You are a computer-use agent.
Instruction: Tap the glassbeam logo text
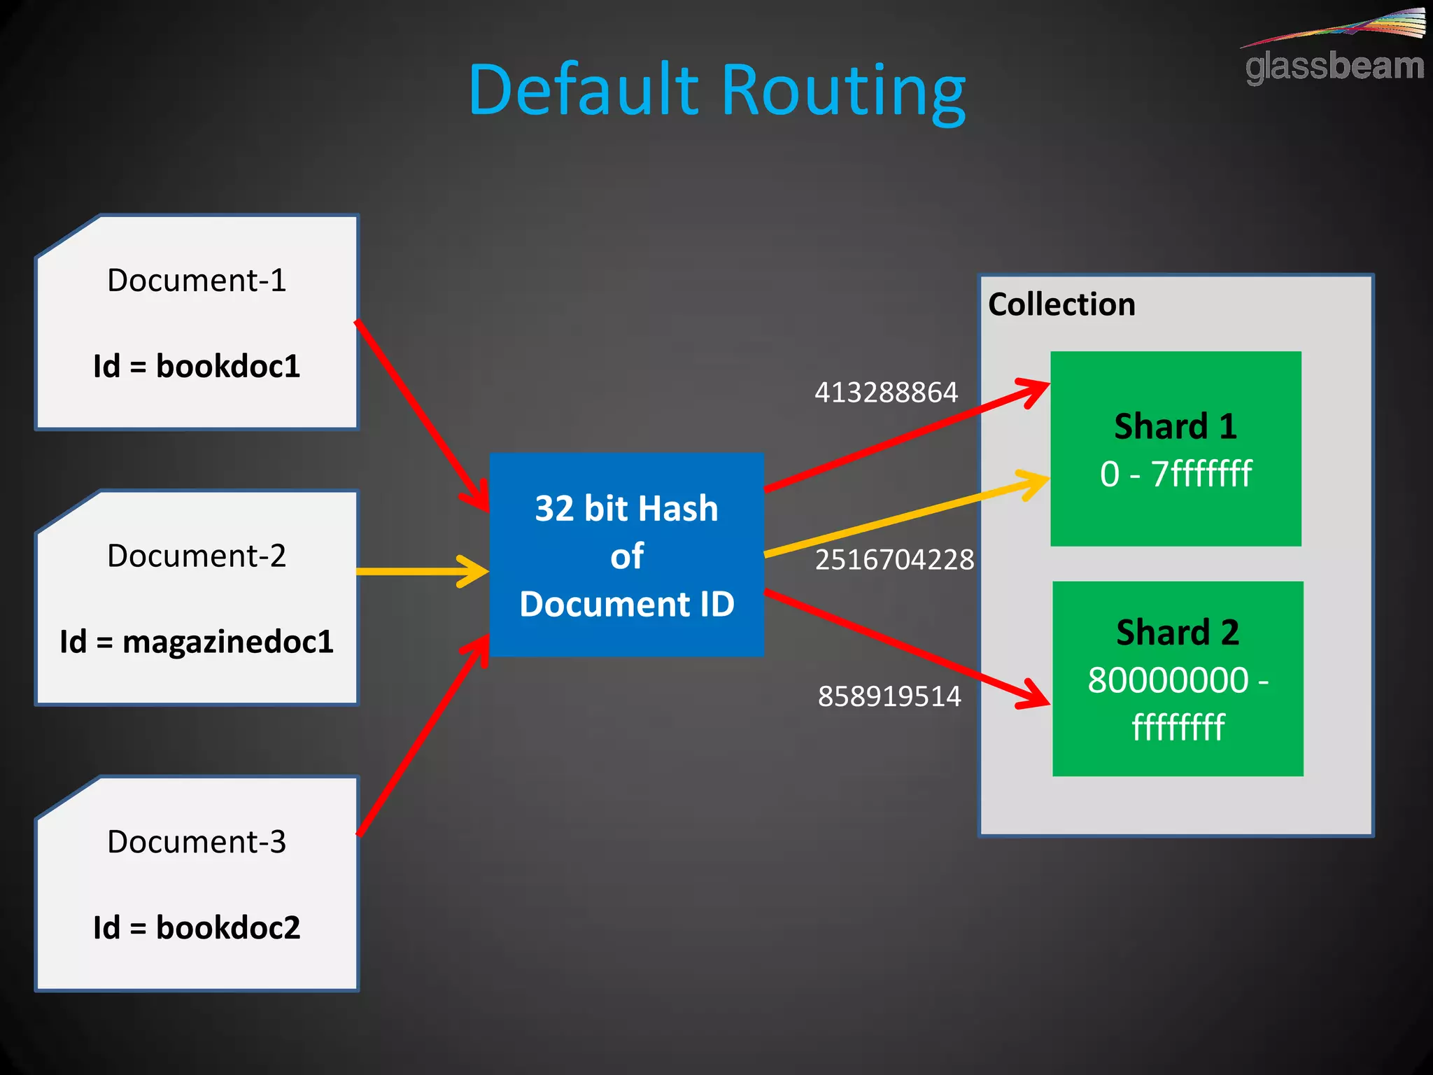[x=1334, y=67]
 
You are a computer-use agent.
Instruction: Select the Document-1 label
[x=197, y=281]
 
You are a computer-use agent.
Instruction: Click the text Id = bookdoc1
[x=197, y=366]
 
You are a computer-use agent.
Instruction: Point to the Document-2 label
[x=197, y=556]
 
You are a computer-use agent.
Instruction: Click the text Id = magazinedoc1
[x=197, y=642]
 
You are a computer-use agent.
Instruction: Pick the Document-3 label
[x=197, y=842]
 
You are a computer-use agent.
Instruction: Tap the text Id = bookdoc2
[x=197, y=928]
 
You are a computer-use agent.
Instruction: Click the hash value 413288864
[x=886, y=393]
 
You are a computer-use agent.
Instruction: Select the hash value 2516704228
[x=894, y=560]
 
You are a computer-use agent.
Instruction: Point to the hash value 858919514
[x=889, y=696]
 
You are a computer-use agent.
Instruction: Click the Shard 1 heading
[x=1176, y=426]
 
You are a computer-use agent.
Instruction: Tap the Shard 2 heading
[x=1178, y=633]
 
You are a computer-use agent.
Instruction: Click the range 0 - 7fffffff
[x=1176, y=474]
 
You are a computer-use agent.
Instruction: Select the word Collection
[x=1061, y=304]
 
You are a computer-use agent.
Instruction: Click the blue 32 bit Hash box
[x=626, y=555]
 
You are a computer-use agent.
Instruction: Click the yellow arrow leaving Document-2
[x=420, y=571]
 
